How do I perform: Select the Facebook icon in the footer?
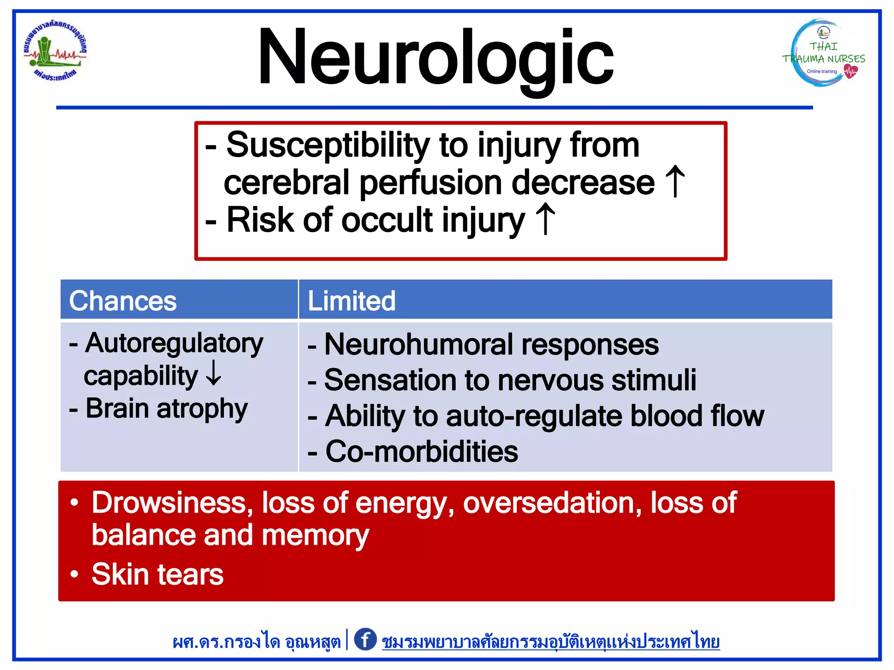(x=365, y=639)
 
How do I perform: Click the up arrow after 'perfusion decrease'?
(x=675, y=181)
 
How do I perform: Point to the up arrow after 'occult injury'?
(x=545, y=219)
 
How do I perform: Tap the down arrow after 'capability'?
(x=213, y=374)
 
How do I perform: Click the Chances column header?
(x=123, y=301)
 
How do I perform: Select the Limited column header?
(x=351, y=301)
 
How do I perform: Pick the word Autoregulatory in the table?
(x=174, y=344)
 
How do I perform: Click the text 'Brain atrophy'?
(x=166, y=409)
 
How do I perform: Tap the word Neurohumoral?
(x=418, y=345)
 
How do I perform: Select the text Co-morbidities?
(x=421, y=451)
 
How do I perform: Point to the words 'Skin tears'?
(x=157, y=574)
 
